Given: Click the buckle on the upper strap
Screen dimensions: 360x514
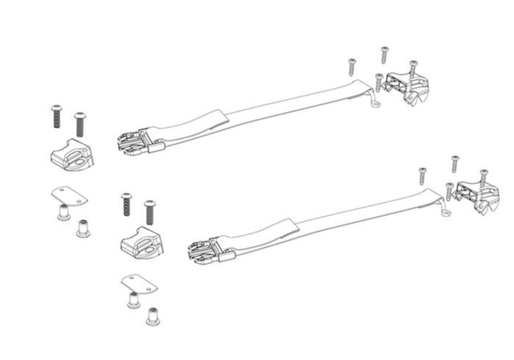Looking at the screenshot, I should pyautogui.click(x=135, y=141).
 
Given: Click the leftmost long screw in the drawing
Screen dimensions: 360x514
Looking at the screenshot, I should pyautogui.click(x=56, y=116).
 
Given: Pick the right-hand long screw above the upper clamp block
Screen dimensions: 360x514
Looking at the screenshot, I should pyautogui.click(x=80, y=123).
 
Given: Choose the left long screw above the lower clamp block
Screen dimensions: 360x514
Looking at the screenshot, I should pyautogui.click(x=126, y=204).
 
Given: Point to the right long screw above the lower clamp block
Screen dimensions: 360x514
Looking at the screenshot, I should pyautogui.click(x=150, y=212).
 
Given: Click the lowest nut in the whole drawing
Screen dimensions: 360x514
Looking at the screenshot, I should pyautogui.click(x=153, y=315).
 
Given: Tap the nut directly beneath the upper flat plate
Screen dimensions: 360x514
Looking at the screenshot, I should pyautogui.click(x=64, y=212).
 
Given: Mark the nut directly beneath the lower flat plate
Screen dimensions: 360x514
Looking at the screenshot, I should pyautogui.click(x=134, y=300).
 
